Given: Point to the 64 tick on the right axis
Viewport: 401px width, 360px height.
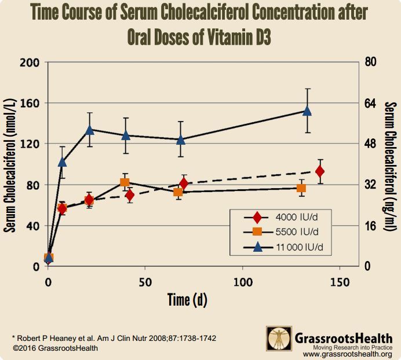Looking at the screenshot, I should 370,103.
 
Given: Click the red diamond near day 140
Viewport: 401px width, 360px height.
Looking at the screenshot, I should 319,171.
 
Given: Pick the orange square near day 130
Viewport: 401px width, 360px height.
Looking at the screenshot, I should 301,188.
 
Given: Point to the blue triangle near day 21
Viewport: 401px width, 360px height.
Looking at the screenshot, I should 90,130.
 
